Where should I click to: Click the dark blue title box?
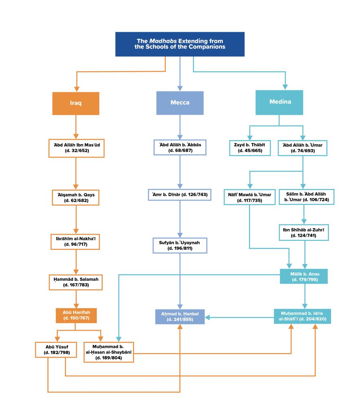[180, 44]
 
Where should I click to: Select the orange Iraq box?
[76, 103]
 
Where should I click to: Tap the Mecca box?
[180, 102]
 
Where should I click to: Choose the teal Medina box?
[279, 102]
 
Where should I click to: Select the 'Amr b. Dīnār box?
[180, 195]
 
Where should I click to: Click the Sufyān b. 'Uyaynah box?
[180, 246]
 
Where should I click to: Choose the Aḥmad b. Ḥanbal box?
[180, 317]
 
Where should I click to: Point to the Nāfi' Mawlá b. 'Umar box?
[250, 197]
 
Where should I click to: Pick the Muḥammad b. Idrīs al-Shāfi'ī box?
[302, 316]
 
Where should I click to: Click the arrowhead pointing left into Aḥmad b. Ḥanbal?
[208, 317]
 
